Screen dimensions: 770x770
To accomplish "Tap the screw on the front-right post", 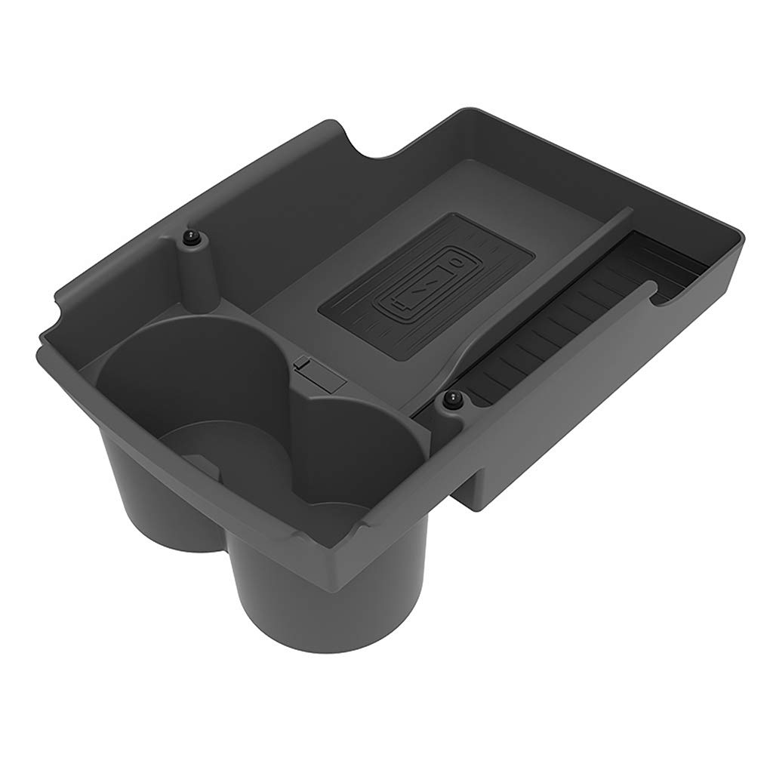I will [x=453, y=401].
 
